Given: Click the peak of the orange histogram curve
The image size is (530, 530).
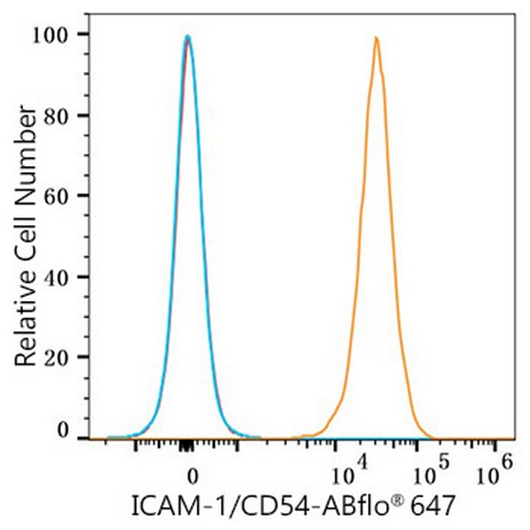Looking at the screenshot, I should coord(376,38).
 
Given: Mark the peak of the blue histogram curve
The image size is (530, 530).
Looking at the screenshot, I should coord(188,36).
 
